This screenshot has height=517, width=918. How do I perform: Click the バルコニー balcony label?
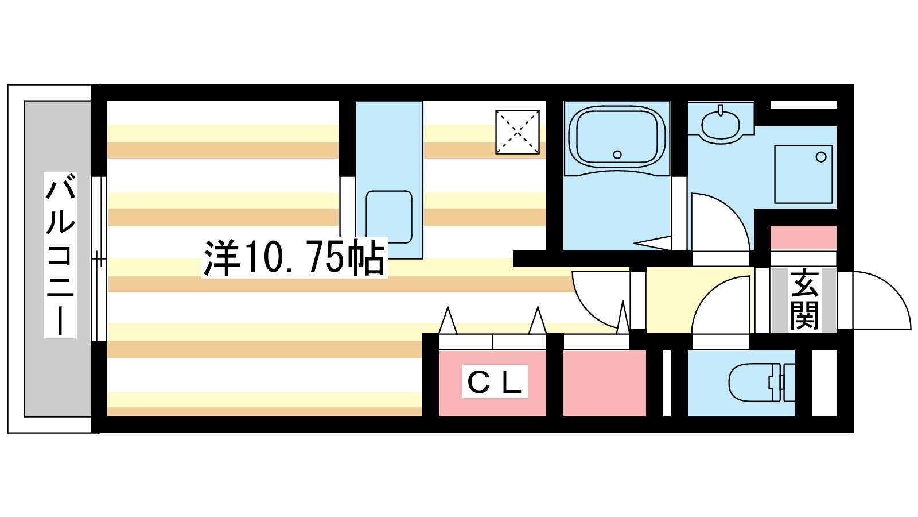(x=60, y=255)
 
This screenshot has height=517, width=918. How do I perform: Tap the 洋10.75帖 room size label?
(x=294, y=257)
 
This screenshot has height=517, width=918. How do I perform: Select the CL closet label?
(x=495, y=381)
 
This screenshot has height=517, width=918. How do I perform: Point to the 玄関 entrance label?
(x=804, y=299)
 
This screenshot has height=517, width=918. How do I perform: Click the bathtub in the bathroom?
(x=617, y=137)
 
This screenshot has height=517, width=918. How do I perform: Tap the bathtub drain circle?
(x=617, y=155)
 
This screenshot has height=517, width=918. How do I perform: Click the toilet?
(x=761, y=383)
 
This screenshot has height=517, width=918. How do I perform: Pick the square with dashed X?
(x=517, y=132)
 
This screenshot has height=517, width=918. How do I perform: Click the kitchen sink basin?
(x=388, y=217)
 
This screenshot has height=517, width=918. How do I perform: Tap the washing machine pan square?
(x=803, y=175)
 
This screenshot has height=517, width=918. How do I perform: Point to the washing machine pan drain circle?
(x=821, y=157)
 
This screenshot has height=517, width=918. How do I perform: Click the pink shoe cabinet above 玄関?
(x=803, y=238)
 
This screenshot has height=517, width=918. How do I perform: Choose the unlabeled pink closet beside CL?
(x=605, y=383)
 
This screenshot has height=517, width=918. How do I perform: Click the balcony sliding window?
(x=98, y=259)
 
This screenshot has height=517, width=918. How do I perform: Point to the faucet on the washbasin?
(x=721, y=110)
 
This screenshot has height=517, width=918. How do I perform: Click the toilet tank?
(x=788, y=383)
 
